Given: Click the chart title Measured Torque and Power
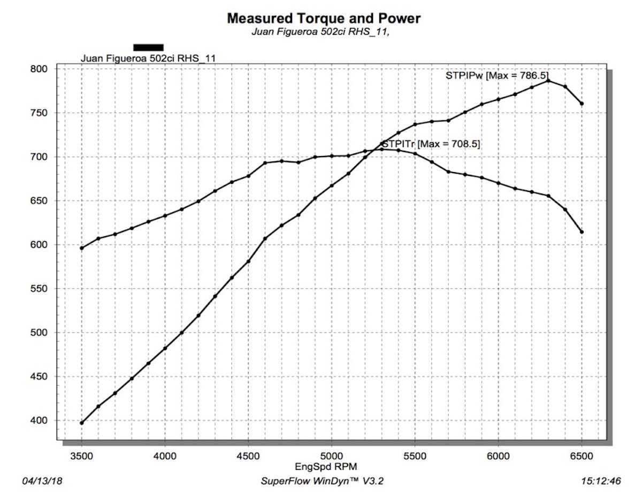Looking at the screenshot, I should coord(324,18).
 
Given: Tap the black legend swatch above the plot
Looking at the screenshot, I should coord(148,47).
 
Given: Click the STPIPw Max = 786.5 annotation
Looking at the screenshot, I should coord(497,75).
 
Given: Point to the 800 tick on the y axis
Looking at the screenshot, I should coord(40,69).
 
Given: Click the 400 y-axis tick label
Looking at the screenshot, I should coord(40,421).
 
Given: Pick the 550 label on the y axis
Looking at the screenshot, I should coord(40,289).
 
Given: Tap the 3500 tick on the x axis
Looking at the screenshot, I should coord(81,455).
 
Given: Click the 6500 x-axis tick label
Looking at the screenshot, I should coord(582,455).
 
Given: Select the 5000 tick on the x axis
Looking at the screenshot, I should coord(332,455).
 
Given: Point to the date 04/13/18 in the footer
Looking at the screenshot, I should coord(42,481).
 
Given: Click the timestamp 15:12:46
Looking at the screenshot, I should coord(601,481).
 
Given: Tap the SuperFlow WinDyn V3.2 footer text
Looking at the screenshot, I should coord(322,481).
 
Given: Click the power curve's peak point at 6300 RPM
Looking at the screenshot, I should coord(548,81).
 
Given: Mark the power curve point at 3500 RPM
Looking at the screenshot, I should coord(81,423).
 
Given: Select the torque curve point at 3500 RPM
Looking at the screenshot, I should coord(81,248).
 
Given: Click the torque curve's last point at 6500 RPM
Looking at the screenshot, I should coord(582,232).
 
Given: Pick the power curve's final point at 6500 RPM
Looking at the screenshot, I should coord(582,104).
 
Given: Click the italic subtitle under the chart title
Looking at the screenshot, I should coord(323,32).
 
